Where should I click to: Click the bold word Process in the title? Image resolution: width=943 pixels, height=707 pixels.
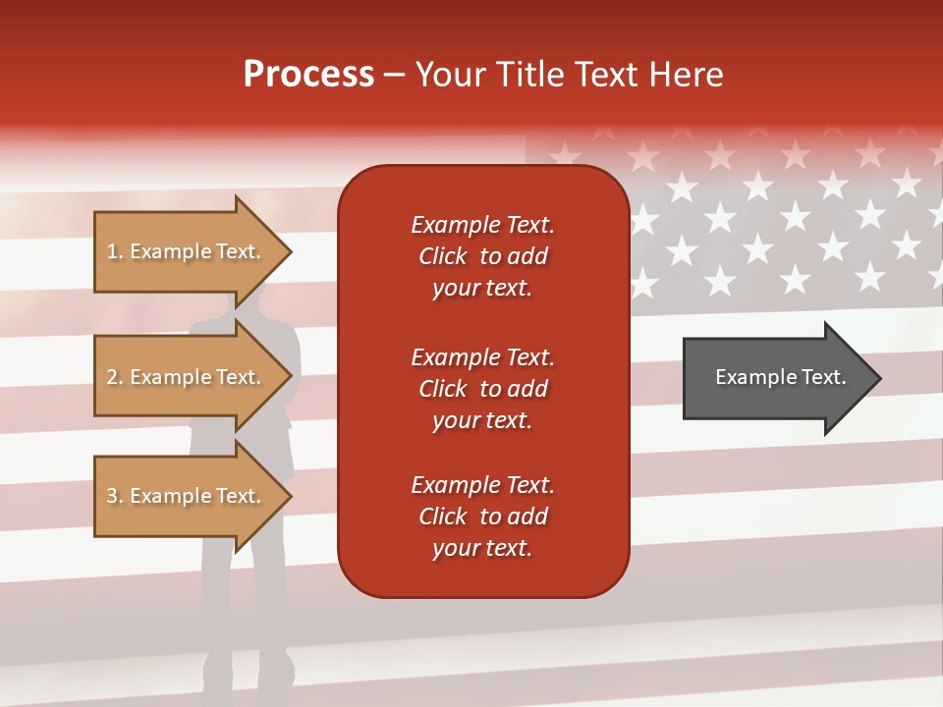308,75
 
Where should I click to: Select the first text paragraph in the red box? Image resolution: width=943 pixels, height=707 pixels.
482,256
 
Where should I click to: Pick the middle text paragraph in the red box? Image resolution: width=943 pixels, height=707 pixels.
482,389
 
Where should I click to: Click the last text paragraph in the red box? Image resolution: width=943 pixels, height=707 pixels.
482,517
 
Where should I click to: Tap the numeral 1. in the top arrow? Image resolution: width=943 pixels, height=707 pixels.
114,251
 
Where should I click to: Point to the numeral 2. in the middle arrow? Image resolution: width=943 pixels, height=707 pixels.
114,377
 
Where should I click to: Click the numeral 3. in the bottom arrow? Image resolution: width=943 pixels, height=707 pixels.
114,496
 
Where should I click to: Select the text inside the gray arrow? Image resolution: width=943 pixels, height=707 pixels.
780,377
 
